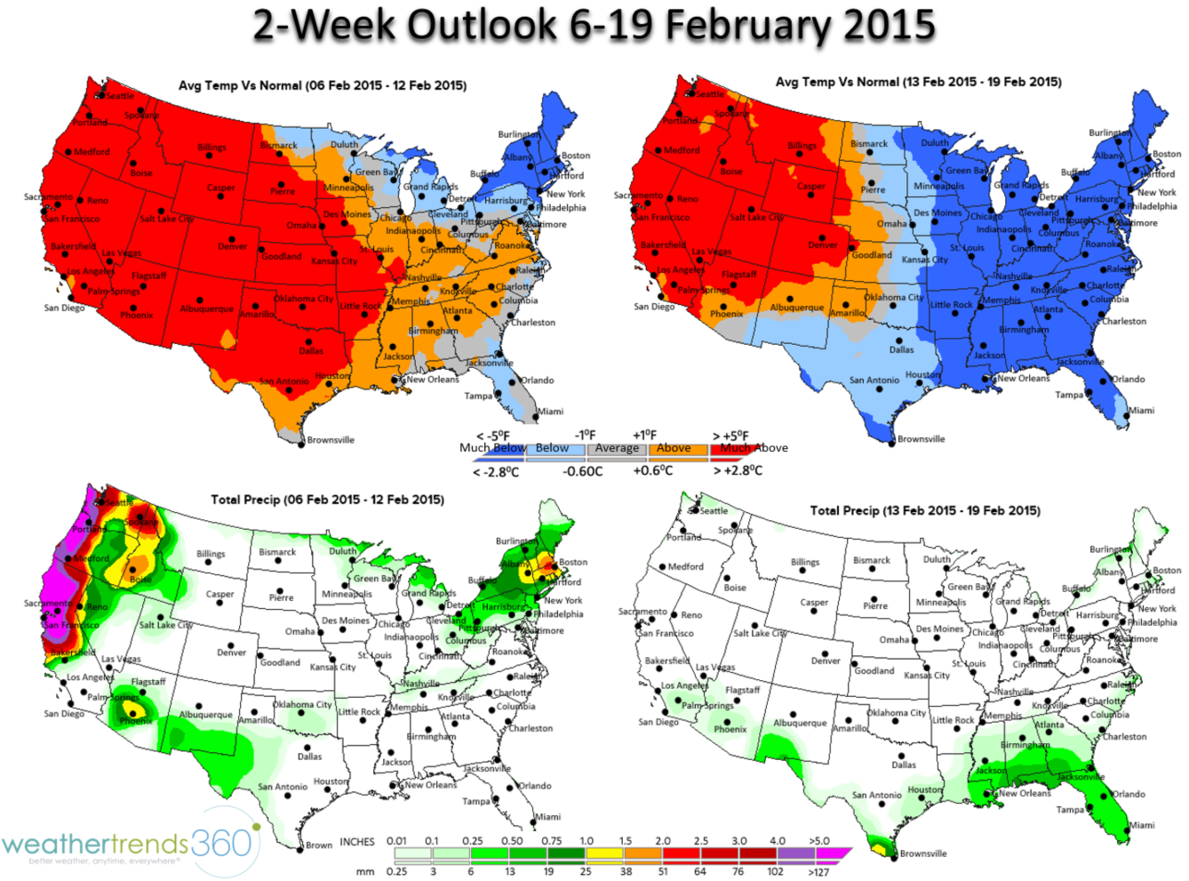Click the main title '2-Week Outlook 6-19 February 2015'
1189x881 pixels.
pos(594,25)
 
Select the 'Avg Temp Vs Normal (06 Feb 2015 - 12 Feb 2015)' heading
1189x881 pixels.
pos(323,85)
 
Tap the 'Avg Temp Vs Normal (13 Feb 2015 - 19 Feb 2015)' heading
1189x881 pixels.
pos(918,82)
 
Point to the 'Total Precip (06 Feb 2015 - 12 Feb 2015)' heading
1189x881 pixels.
pos(327,500)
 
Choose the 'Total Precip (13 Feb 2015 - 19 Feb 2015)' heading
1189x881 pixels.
pos(924,510)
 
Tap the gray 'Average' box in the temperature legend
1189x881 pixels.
pos(617,449)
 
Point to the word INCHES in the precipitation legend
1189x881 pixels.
pos(357,841)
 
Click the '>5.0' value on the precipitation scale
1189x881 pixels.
pos(818,841)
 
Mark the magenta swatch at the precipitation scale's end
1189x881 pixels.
pos(833,855)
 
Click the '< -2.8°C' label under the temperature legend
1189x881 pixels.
pos(496,471)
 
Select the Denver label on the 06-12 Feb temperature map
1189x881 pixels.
pos(233,246)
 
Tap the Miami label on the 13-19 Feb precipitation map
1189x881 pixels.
pos(1142,825)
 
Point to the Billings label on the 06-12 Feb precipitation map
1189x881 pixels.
pos(211,554)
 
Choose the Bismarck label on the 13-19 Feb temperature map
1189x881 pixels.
pos(868,143)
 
